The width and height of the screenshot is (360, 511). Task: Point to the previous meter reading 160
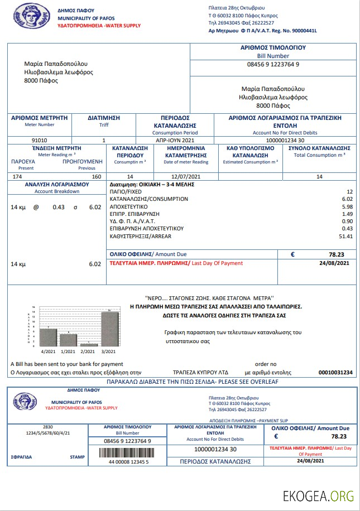click(x=96, y=176)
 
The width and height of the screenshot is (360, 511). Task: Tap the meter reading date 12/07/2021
click(x=186, y=176)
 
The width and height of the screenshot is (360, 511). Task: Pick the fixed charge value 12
click(x=349, y=191)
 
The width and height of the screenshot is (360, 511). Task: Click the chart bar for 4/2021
click(x=48, y=337)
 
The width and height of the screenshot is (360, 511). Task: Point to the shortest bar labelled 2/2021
click(x=89, y=344)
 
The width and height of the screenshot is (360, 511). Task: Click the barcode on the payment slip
click(x=128, y=452)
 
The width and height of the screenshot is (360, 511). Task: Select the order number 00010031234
click(x=335, y=372)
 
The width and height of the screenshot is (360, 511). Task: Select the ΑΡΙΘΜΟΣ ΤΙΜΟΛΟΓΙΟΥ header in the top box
click(x=273, y=48)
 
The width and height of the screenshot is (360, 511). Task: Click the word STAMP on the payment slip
click(x=77, y=457)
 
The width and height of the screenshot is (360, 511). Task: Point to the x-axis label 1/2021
click(x=69, y=351)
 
